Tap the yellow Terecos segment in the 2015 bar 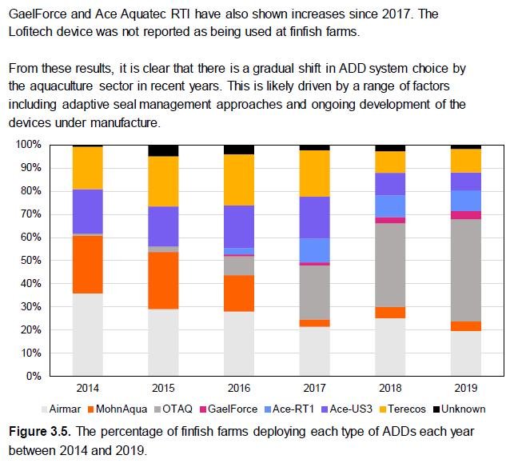point(164,182)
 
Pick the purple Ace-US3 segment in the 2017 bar point(315,218)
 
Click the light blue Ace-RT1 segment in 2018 point(390,206)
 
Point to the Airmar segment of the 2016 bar point(239,343)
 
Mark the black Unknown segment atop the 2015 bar point(164,150)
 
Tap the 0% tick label point(33,376)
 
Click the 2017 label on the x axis point(315,389)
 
